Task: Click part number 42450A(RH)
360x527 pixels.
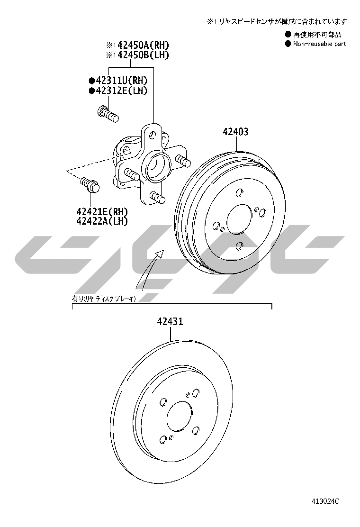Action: point(143,45)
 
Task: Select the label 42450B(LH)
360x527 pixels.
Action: point(143,55)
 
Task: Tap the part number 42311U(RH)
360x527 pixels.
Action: point(122,80)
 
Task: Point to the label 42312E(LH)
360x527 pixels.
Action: point(122,90)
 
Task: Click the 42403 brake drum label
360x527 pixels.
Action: point(236,132)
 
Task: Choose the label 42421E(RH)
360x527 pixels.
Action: point(102,211)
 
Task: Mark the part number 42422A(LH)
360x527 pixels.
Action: point(102,221)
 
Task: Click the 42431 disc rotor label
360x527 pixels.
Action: point(170,322)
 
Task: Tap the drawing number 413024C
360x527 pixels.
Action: point(325,501)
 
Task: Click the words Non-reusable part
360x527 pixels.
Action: point(319,43)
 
